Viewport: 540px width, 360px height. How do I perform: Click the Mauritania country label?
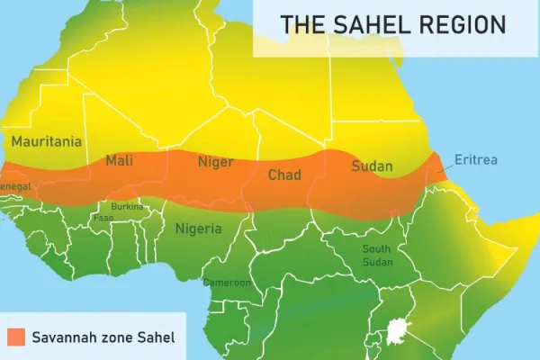pos(47,141)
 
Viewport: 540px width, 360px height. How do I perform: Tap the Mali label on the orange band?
pos(120,161)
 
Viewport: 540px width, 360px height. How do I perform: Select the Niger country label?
pos(215,163)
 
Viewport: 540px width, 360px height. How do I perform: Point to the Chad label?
pos(284,175)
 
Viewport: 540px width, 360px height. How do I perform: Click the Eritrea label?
pos(476,161)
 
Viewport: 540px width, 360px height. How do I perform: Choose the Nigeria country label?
pos(198,229)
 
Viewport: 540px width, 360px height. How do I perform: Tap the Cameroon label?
pos(227,283)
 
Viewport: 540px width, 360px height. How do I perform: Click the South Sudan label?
pos(377,255)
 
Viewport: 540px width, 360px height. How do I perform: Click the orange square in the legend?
pos(14,337)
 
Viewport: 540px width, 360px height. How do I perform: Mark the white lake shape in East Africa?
pos(397,334)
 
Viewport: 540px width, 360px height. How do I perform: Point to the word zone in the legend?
pos(118,338)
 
